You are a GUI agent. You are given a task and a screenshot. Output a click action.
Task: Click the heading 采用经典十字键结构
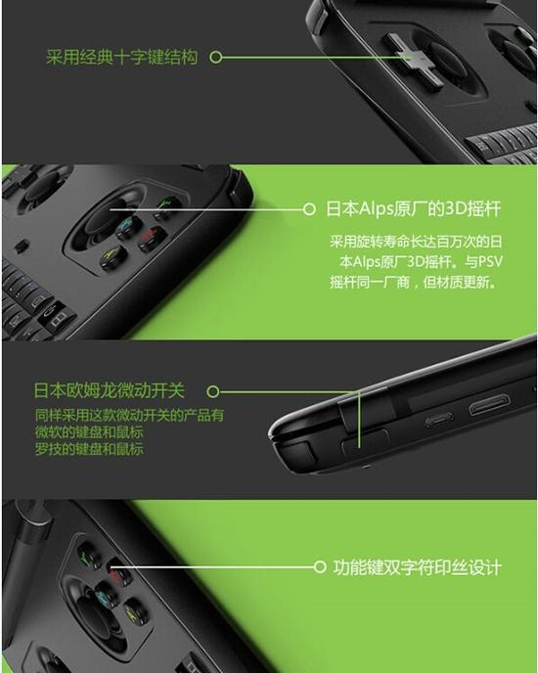121,58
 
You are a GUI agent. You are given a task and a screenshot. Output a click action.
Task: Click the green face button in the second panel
167,205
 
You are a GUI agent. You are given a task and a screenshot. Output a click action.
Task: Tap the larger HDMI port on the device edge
488,404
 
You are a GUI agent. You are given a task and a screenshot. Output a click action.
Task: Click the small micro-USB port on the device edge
437,421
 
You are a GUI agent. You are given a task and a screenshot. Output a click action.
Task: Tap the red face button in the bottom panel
117,576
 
